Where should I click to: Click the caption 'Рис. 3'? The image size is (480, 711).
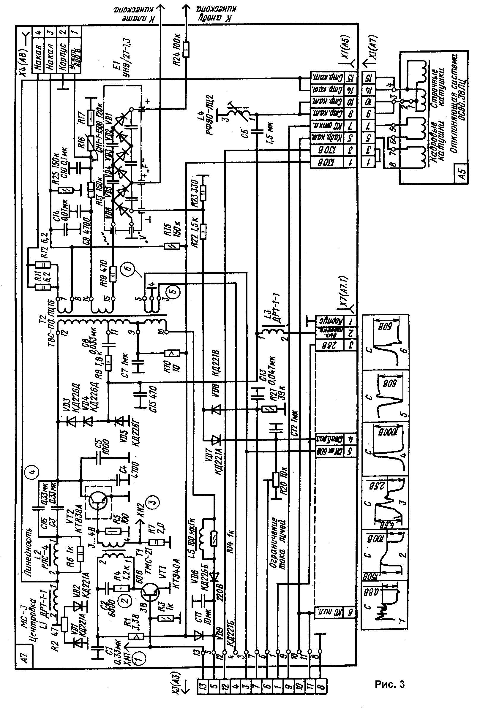pyautogui.click(x=390, y=684)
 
